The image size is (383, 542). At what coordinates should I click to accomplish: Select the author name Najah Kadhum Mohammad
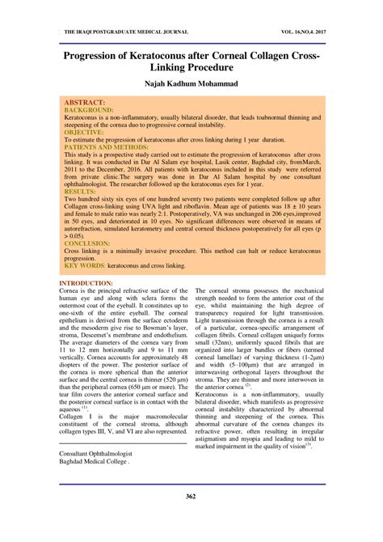pos(191,83)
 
